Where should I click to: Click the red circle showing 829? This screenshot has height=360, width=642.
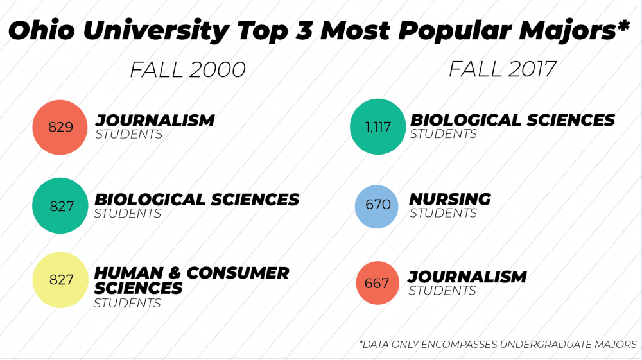60,127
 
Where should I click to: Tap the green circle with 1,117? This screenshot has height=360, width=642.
377,127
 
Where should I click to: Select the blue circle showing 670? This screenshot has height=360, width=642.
377,207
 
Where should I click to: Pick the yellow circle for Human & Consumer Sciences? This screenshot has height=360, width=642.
61,280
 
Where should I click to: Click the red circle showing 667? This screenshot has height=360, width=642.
377,283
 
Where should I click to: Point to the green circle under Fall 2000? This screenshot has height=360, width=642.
60,206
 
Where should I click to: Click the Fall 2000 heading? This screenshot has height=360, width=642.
187,69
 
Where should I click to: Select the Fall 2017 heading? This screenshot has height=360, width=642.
502,69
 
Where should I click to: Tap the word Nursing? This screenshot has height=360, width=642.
450,200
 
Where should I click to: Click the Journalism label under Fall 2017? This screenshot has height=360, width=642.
467,277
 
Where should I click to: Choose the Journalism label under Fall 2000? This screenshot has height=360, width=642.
155,120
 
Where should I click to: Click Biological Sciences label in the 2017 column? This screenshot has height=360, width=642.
512,120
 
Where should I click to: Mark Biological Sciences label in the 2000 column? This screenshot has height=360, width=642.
196,200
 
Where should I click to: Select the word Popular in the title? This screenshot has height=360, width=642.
455,31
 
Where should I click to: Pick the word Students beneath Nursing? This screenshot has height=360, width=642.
443,213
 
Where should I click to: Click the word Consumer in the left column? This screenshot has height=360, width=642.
238,273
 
